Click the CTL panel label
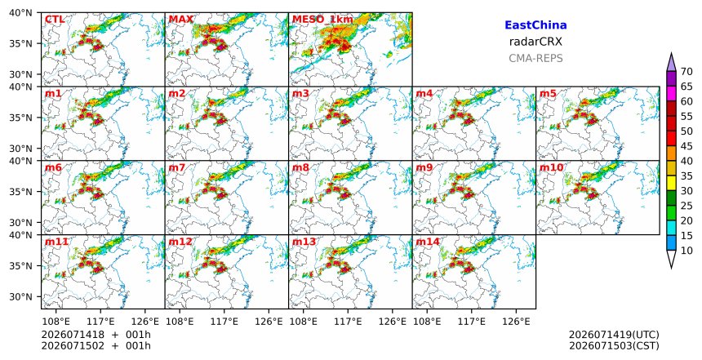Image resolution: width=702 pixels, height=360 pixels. click(x=54, y=20)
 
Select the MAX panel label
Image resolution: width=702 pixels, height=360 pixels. click(x=181, y=20)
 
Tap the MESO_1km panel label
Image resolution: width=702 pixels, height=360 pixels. click(x=322, y=20)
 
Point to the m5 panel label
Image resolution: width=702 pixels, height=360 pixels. click(x=548, y=94)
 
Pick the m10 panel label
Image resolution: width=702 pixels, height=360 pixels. click(x=551, y=167)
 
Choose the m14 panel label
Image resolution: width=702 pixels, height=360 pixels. click(x=428, y=242)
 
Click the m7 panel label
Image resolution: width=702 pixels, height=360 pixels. click(x=176, y=167)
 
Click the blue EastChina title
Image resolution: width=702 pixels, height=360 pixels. click(x=535, y=25)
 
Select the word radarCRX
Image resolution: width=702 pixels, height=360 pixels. click(x=535, y=42)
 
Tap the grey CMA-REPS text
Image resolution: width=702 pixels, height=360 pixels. click(x=535, y=58)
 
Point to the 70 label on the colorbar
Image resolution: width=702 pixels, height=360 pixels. click(x=686, y=72)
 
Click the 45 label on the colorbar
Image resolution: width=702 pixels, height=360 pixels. click(x=686, y=146)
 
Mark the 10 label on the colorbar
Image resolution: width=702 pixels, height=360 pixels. click(x=686, y=251)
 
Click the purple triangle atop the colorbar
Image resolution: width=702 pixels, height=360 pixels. click(x=671, y=64)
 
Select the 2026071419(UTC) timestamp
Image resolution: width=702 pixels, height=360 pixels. click(x=614, y=335)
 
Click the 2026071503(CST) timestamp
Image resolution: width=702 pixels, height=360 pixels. click(x=614, y=346)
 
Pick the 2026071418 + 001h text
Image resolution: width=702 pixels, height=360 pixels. click(x=96, y=335)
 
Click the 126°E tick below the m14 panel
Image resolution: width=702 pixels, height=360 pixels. click(x=516, y=322)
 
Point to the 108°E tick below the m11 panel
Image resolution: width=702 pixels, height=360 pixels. click(x=56, y=322)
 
